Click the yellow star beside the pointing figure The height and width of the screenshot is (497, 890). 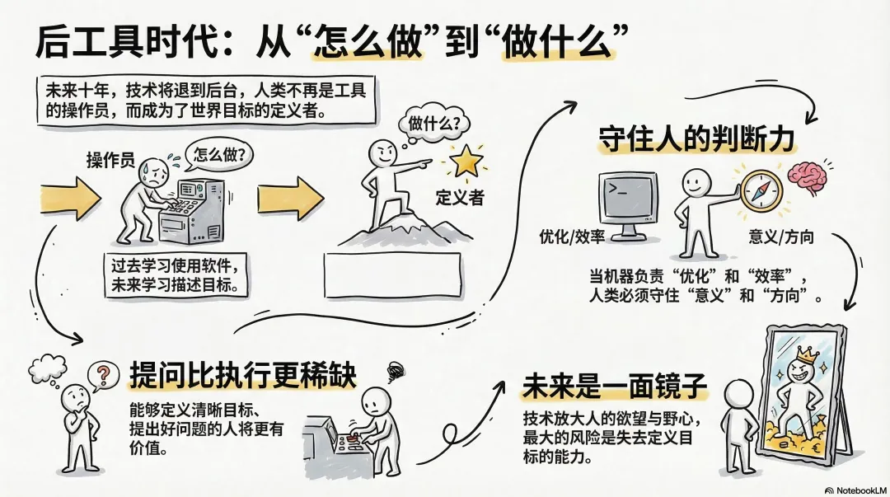tap(466, 161)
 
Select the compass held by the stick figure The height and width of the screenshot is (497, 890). tap(761, 190)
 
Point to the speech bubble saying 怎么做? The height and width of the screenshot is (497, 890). tap(219, 154)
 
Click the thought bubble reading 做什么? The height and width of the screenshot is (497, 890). tap(431, 124)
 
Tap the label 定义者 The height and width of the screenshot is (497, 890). tap(460, 198)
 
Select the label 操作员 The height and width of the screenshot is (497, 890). tap(110, 160)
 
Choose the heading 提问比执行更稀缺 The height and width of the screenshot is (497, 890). tap(243, 374)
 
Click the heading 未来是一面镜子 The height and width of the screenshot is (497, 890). tap(615, 387)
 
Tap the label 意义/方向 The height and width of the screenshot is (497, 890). tap(781, 237)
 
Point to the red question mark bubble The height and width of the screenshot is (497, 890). tap(103, 376)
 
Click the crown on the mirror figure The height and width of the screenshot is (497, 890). tap(807, 355)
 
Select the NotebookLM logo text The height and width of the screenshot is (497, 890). tap(856, 490)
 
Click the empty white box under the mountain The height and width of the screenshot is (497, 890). tap(393, 275)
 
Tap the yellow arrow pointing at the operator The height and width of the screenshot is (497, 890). tap(70, 199)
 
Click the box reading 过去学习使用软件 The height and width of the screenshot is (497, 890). tap(176, 275)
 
